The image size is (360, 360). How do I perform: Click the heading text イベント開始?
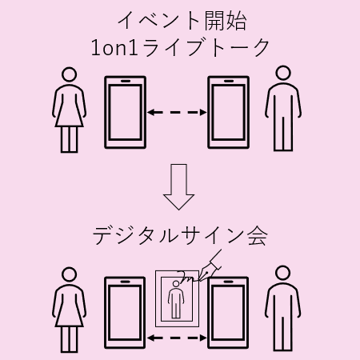(x=182, y=21)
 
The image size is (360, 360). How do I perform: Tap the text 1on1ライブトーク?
(x=180, y=47)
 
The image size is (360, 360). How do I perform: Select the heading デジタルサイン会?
(x=180, y=236)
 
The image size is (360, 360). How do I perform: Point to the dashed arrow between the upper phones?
(x=177, y=112)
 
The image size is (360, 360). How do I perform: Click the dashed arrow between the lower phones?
(x=177, y=338)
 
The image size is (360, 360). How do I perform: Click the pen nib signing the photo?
(x=206, y=274)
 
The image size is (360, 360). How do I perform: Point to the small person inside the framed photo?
(x=176, y=299)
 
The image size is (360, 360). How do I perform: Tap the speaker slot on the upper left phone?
(x=125, y=81)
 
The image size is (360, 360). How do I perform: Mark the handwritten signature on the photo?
(x=188, y=277)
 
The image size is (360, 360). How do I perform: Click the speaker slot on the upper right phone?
(x=228, y=81)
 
